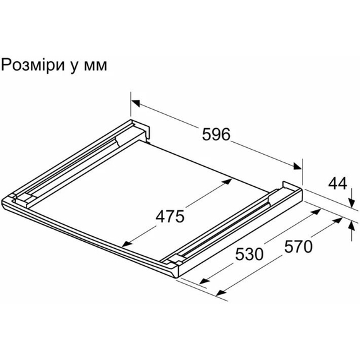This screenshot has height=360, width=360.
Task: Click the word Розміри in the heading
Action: [32, 66]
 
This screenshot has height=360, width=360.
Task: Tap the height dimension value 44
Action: [338, 184]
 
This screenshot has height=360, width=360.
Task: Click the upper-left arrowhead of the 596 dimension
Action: [135, 101]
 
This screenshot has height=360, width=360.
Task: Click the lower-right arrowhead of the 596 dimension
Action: [297, 167]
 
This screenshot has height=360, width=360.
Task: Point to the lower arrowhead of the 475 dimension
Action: [126, 244]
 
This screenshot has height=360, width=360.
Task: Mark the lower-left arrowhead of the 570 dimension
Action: [220, 293]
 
